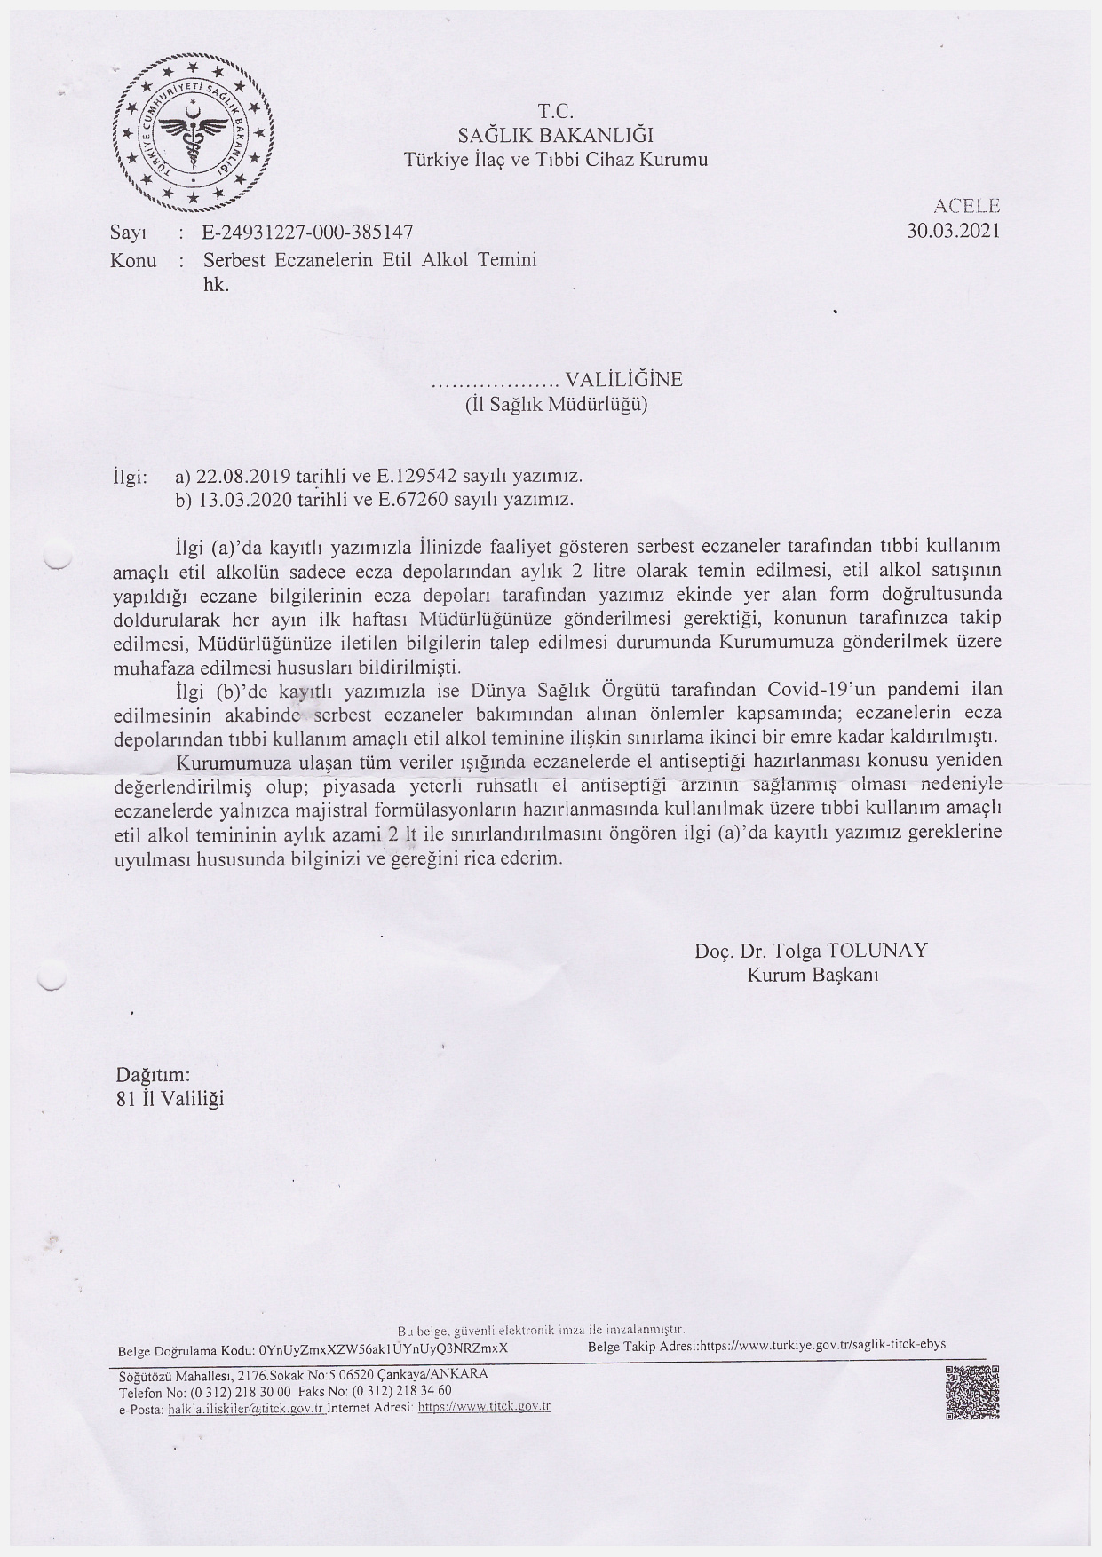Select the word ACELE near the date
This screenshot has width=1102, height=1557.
tap(967, 206)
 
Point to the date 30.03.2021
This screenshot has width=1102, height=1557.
tap(953, 231)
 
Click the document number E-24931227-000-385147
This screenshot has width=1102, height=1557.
tap(308, 233)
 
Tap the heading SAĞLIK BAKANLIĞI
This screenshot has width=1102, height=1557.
tap(555, 136)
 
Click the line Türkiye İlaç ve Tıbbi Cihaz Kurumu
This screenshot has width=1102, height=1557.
tap(556, 161)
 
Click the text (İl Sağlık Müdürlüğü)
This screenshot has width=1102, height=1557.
tap(557, 406)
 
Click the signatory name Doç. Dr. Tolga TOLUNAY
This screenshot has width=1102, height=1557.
tap(811, 951)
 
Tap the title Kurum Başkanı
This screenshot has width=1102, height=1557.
tap(812, 975)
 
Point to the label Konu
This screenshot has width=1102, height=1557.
tap(133, 260)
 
